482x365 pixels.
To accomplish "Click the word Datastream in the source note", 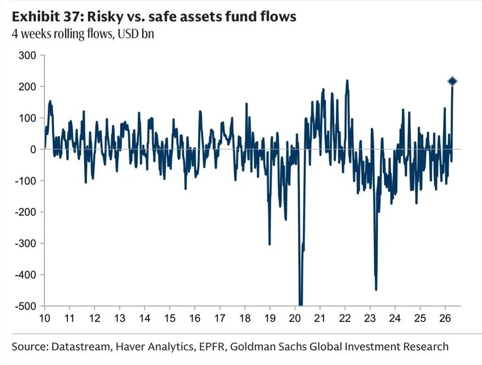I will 72,346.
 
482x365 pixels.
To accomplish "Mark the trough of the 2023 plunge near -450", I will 376,289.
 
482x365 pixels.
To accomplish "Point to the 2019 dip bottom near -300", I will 269,244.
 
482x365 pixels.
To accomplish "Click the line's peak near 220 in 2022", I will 347,81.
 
